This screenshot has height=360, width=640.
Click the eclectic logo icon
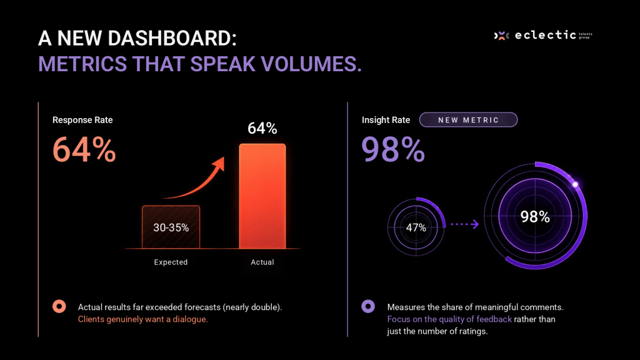[x=502, y=36]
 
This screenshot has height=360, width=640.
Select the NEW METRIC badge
[x=468, y=119]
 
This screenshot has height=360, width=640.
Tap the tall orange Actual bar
[x=262, y=196]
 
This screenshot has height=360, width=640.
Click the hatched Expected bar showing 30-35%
[x=171, y=227]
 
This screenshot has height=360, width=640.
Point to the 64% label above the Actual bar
[x=262, y=128]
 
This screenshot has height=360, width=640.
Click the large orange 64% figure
[x=84, y=149]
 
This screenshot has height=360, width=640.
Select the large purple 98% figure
[x=393, y=149]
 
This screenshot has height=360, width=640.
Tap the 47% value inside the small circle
[x=416, y=227]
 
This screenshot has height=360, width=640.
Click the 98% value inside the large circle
[x=535, y=216]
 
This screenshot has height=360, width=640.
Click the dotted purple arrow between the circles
[x=464, y=224]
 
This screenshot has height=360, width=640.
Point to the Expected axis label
[x=171, y=262]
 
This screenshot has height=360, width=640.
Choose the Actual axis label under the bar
[x=262, y=262]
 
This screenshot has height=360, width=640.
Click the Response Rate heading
[x=82, y=120]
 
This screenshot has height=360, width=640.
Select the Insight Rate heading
[x=386, y=120]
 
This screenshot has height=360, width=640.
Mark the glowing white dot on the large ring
[x=575, y=184]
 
